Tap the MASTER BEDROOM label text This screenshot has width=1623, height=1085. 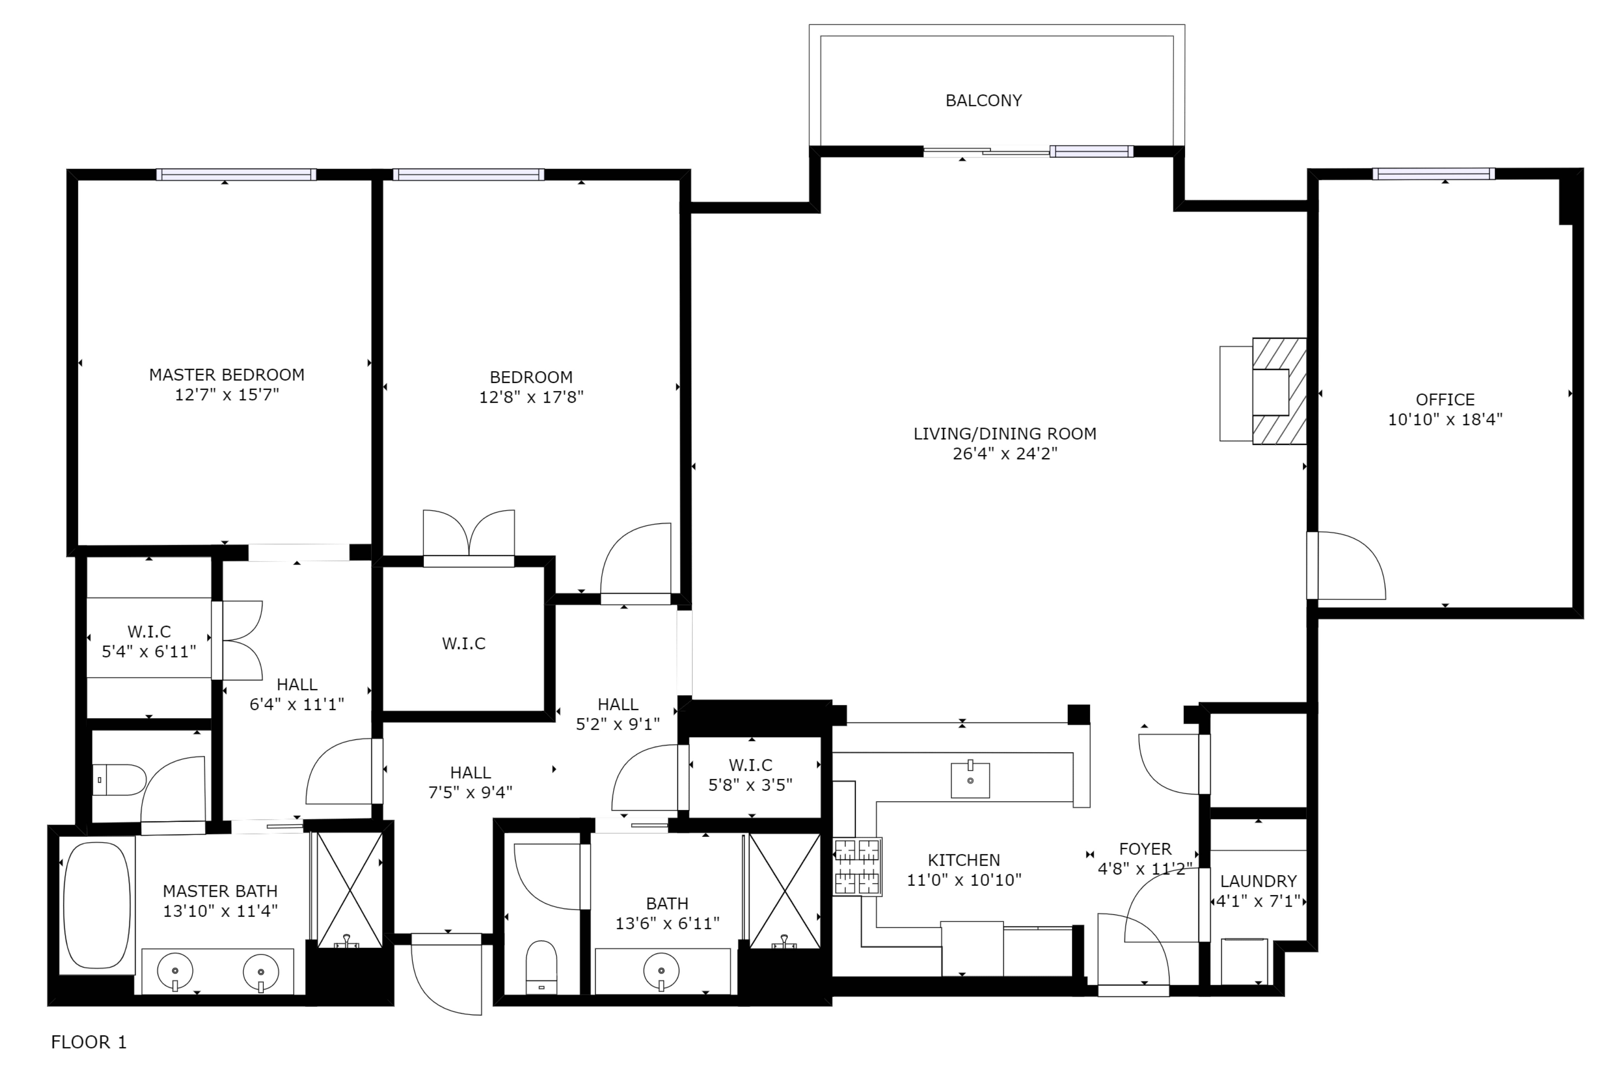point(226,375)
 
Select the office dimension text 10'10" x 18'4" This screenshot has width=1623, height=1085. point(1445,419)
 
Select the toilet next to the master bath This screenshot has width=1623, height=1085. point(119,780)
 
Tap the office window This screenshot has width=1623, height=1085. point(1433,174)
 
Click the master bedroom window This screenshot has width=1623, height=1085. point(236,174)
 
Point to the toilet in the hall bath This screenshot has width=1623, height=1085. point(541,967)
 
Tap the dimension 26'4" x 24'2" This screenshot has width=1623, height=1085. point(1005,454)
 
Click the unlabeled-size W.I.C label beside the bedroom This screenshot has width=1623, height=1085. point(464,643)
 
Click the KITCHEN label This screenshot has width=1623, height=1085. point(963,860)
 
